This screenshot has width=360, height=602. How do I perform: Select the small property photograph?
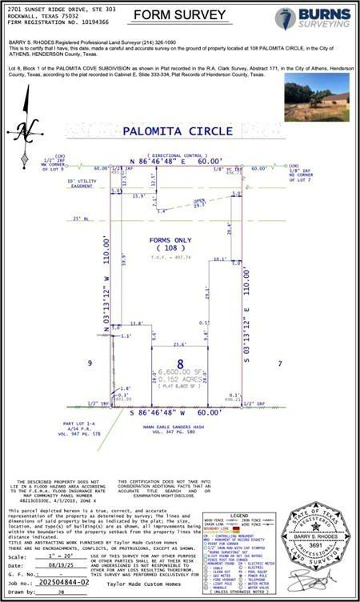[316, 98]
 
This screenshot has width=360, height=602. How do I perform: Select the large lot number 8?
[180, 363]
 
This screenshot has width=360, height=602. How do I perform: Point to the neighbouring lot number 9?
[90, 363]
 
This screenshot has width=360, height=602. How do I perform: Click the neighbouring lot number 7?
[281, 363]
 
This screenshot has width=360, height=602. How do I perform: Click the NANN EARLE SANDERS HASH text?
[180, 428]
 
